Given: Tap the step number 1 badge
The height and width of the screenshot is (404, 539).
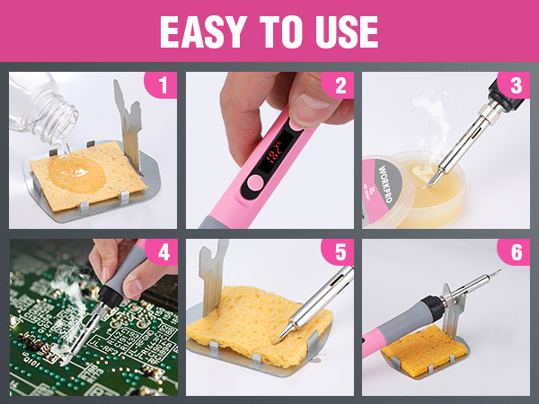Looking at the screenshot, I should pos(162,86).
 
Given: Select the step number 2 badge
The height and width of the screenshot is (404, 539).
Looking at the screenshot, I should pos(339,86).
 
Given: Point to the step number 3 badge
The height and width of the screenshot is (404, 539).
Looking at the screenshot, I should pos(515,86).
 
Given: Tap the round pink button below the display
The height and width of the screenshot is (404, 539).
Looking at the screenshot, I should pos(255,183).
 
